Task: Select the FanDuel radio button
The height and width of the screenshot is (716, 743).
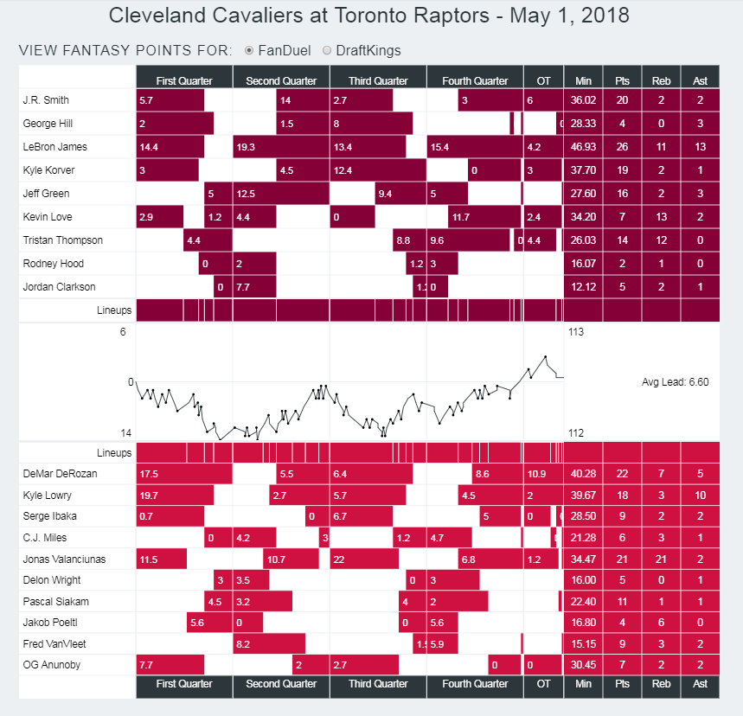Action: (249, 51)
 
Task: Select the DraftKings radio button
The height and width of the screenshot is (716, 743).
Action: (327, 51)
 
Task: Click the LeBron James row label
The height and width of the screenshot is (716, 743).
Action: (55, 147)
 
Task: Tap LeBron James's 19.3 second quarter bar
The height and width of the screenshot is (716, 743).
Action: (280, 147)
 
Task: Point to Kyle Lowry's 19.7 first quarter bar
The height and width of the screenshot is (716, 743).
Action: (175, 496)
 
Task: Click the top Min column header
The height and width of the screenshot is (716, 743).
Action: (583, 80)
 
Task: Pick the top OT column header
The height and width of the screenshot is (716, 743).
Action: (543, 80)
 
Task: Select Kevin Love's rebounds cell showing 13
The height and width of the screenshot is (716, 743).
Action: (661, 217)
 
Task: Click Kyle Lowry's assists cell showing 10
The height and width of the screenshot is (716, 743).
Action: (700, 496)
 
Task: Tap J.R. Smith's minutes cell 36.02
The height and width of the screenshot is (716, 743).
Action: (583, 100)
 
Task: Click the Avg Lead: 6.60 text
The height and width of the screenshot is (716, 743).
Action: (675, 381)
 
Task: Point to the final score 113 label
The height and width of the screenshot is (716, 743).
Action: (576, 331)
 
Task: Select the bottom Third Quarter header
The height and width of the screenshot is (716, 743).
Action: (378, 684)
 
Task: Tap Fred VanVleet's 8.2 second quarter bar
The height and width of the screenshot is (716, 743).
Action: (268, 644)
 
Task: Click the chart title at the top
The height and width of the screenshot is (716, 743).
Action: (370, 16)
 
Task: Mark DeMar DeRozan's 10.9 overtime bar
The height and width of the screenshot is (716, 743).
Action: (537, 474)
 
